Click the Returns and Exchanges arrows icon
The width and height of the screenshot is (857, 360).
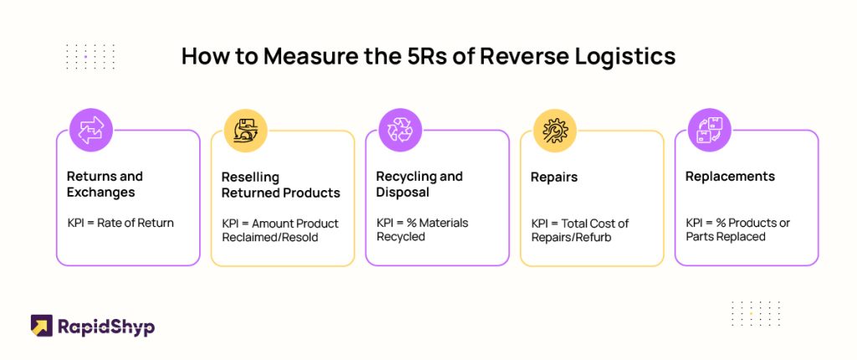(90, 131)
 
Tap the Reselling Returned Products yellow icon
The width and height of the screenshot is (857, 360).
(245, 131)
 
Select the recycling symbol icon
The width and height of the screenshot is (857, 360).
(400, 131)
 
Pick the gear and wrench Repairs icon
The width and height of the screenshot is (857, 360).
(555, 131)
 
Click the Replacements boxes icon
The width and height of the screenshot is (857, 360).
(710, 131)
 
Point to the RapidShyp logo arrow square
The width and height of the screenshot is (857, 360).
(42, 326)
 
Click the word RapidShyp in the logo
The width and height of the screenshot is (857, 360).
(106, 327)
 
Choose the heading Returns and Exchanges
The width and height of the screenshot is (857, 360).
(105, 184)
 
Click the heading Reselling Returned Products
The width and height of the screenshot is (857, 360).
(281, 185)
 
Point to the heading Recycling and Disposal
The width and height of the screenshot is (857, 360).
(419, 184)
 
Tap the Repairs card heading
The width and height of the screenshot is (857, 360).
(554, 177)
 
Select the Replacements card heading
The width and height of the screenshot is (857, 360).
(730, 177)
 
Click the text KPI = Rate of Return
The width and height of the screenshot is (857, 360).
(121, 223)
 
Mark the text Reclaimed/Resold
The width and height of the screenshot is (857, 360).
(270, 238)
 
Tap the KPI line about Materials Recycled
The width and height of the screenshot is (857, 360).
(423, 229)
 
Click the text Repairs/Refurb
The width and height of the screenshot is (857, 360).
(571, 238)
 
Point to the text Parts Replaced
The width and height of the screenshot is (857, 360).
(726, 237)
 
